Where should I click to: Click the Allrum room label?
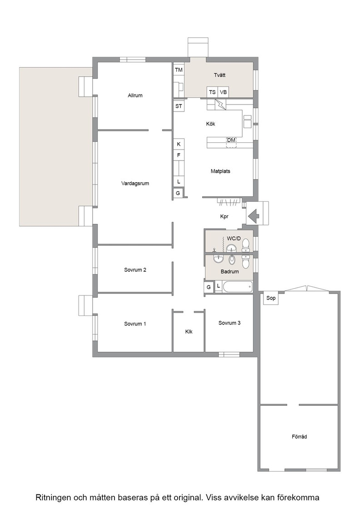coord(135,95)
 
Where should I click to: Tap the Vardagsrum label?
coord(135,184)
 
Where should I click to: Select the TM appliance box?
coord(179,70)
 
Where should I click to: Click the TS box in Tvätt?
coord(212,92)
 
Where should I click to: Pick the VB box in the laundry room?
coord(223,92)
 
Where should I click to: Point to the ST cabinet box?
coord(179,106)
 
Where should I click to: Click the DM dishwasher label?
coord(231,140)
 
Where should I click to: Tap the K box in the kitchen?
coord(179,144)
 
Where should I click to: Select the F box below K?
coord(179,155)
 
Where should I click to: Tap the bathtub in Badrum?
coord(238,287)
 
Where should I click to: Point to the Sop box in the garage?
coord(271,298)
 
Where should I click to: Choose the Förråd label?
coord(299,437)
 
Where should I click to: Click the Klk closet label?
coord(189,331)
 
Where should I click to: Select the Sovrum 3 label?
coord(230,323)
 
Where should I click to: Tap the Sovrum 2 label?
coord(135,270)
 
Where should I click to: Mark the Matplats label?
coord(220,171)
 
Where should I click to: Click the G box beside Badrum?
coord(209,287)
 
